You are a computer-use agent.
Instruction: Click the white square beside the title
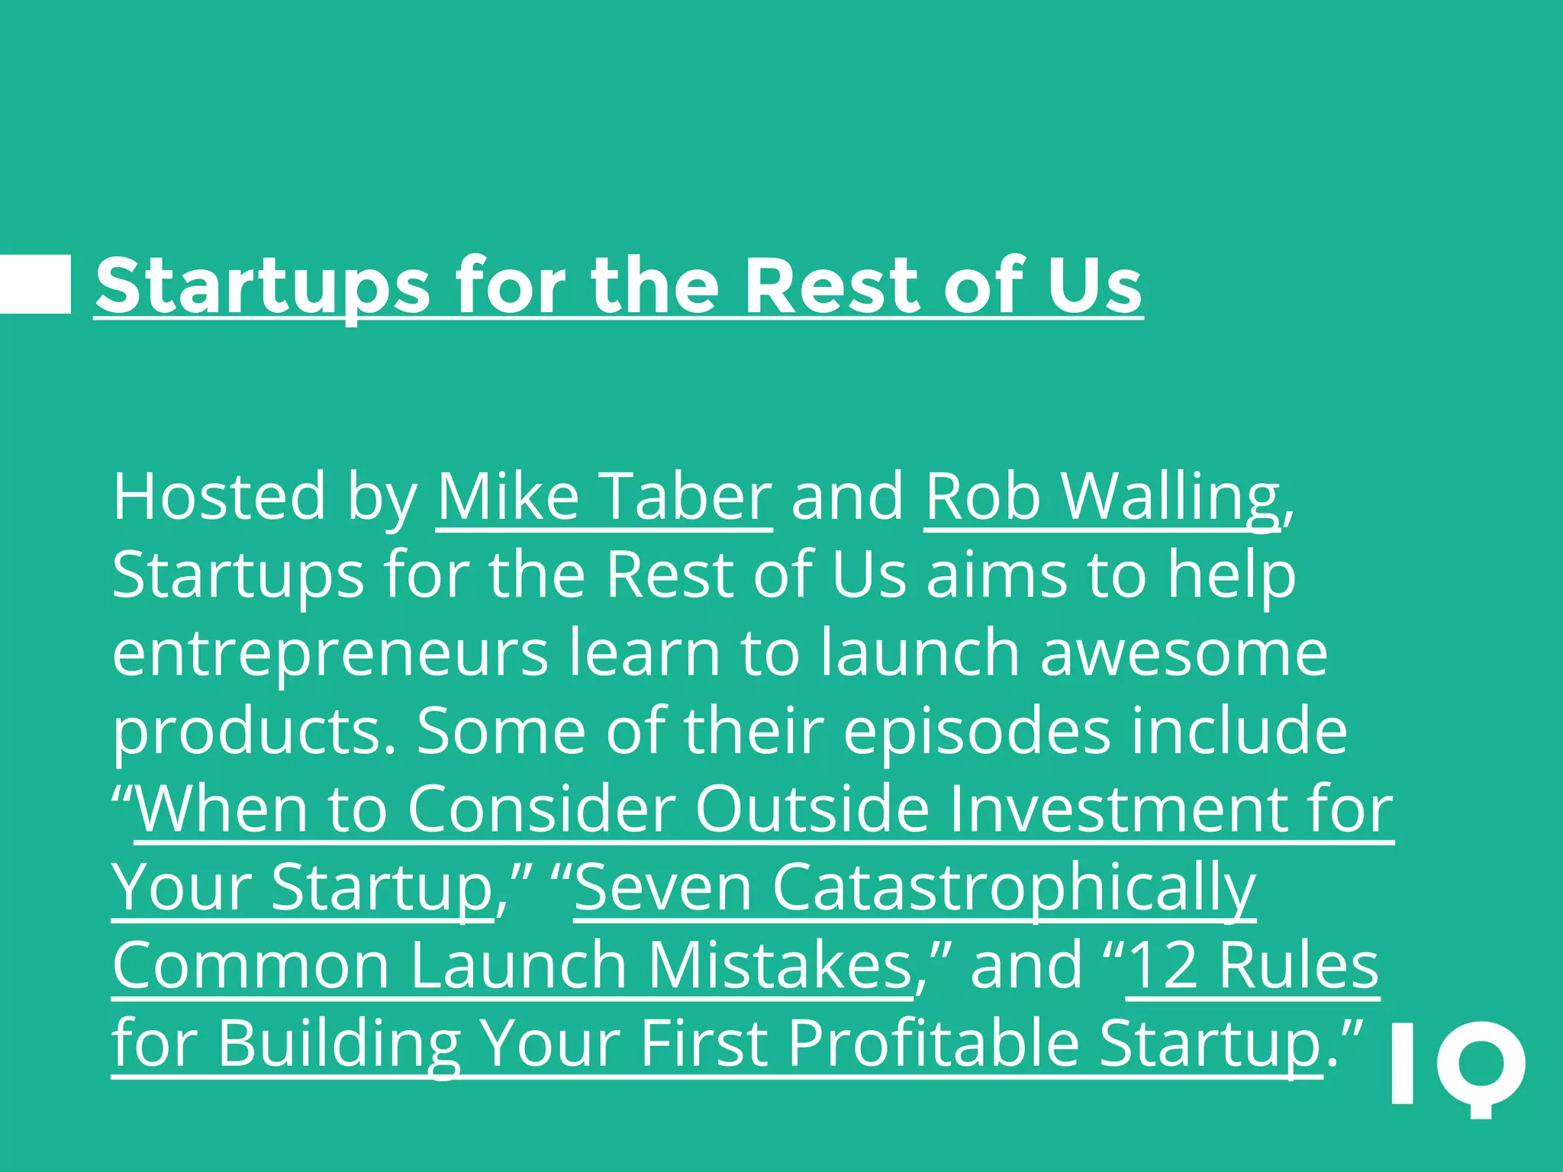pyautogui.click(x=35, y=284)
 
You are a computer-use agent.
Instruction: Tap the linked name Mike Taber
pyautogui.click(x=604, y=497)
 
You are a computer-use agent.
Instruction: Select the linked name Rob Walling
pyautogui.click(x=1102, y=497)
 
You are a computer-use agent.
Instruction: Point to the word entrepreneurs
pyautogui.click(x=330, y=655)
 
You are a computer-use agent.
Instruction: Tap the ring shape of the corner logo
pyautogui.click(x=1481, y=1065)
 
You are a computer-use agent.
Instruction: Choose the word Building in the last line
pyautogui.click(x=339, y=1044)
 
